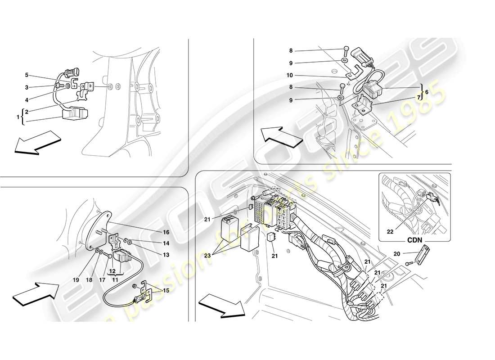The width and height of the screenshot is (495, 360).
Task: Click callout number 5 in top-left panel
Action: pyautogui.click(x=27, y=75)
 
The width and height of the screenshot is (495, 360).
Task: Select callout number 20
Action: pyautogui.click(x=396, y=254)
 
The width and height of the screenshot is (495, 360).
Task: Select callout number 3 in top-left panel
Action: pyautogui.click(x=27, y=87)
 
